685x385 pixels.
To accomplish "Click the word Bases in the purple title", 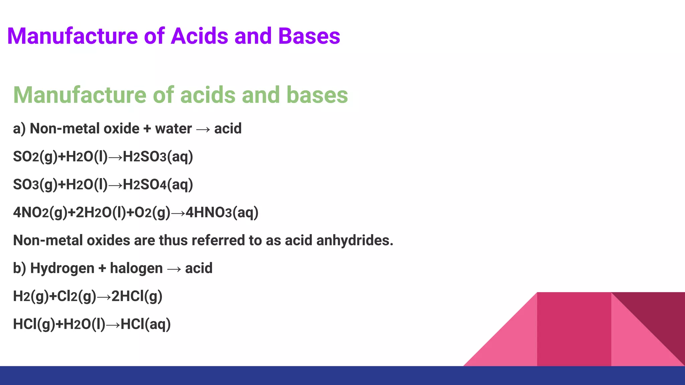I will (309, 36).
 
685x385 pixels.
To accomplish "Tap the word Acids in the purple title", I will (199, 36).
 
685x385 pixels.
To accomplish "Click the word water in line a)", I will (173, 129).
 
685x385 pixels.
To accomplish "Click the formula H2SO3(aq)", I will (158, 157).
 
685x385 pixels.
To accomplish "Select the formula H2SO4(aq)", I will (158, 185).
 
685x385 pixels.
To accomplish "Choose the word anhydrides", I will (355, 240).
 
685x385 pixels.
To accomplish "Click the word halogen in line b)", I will (136, 268).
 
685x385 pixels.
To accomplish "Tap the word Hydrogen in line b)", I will (62, 268).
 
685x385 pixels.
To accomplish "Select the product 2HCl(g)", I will (137, 296).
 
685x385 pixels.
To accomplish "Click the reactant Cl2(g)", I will (77, 296).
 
